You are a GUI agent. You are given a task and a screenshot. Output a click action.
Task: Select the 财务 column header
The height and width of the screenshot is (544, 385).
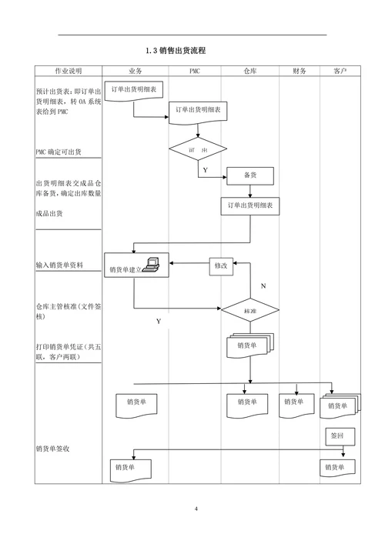(300, 71)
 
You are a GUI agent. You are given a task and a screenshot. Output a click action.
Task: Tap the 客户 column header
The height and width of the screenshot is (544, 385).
(340, 71)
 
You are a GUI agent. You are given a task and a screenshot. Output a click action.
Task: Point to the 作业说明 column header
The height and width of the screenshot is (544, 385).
(68, 71)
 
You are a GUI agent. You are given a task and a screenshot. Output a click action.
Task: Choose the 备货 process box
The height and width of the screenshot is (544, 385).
(249, 175)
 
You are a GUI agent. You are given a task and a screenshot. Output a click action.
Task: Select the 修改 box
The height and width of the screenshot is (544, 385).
(219, 266)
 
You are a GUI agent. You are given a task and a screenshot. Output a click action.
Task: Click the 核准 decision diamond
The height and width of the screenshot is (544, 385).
(249, 311)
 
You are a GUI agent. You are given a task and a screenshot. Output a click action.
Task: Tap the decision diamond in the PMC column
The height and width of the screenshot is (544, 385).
(197, 149)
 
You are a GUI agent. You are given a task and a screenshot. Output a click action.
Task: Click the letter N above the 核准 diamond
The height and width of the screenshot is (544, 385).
(263, 285)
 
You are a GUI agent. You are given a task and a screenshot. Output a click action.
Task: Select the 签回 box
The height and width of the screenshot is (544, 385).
(337, 436)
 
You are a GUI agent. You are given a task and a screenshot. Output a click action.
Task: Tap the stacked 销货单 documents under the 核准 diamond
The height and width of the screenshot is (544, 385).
(249, 346)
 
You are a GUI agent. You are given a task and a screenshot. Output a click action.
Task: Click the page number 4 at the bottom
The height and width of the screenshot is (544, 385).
(196, 509)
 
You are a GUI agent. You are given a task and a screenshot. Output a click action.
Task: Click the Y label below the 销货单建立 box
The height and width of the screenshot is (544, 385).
(159, 320)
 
